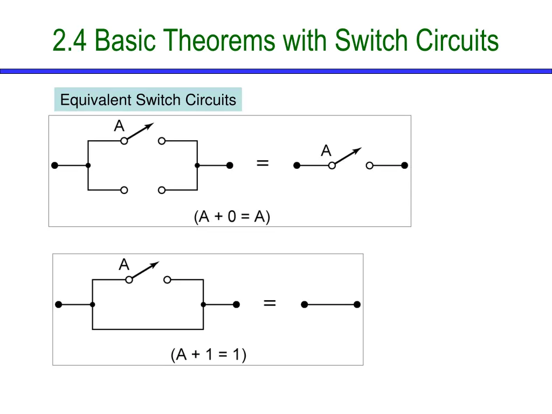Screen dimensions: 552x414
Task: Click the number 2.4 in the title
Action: pos(71,40)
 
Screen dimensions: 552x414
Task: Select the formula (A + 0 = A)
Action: pos(232,217)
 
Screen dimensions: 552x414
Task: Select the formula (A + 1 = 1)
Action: pos(209,355)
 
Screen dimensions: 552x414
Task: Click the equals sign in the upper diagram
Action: pos(263,163)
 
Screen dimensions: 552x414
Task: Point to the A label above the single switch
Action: pos(326,151)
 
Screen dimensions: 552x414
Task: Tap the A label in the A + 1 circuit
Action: pos(124,265)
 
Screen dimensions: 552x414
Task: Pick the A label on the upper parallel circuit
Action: pos(119,127)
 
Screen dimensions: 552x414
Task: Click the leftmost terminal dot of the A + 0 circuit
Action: pos(54,165)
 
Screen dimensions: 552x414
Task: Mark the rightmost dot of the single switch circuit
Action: pos(405,165)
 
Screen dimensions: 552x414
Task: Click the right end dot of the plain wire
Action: pos(357,305)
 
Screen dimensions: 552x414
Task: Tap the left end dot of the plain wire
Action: pos(304,305)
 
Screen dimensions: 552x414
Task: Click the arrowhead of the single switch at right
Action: pos(358,150)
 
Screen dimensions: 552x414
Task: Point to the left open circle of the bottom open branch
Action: pos(124,190)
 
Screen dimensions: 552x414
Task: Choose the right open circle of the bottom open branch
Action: pos(161,190)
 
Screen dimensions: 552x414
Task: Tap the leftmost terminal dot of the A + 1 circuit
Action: pos(59,305)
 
